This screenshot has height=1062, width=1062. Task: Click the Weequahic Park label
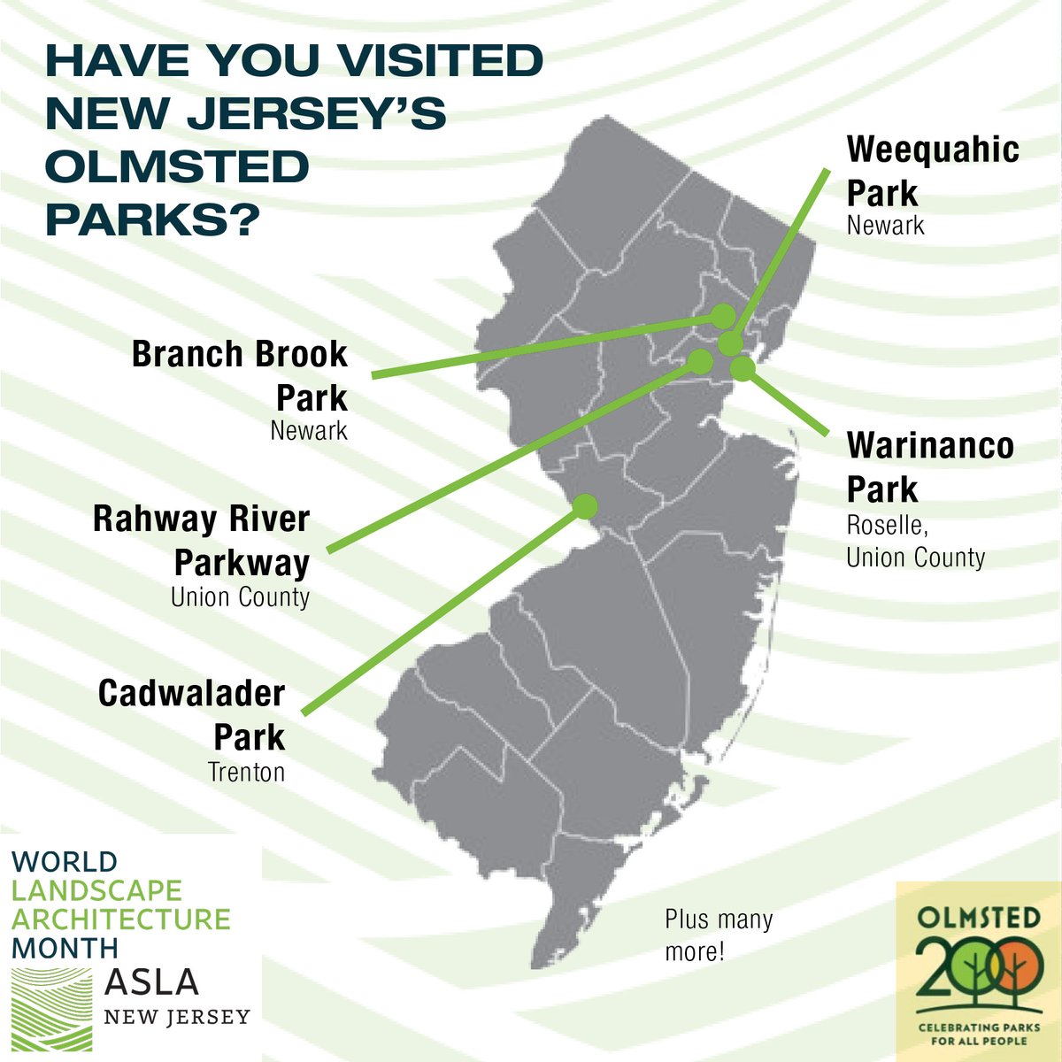click(x=933, y=171)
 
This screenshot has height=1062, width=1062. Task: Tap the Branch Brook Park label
click(x=240, y=376)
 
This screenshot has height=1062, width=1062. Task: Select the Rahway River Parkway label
click(x=202, y=541)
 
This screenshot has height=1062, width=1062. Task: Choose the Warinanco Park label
click(x=930, y=467)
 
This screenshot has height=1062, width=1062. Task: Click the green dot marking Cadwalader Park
click(x=585, y=505)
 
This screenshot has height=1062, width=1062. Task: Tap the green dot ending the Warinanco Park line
click(x=743, y=367)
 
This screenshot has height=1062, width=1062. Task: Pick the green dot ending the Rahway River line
click(x=700, y=361)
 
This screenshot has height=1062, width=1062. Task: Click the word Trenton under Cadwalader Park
click(x=246, y=773)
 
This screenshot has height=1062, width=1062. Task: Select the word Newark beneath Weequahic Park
click(x=885, y=225)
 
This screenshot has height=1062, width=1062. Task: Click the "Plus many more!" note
click(x=719, y=935)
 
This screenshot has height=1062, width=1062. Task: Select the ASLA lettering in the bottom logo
click(x=151, y=981)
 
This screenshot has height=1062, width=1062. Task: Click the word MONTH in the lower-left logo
click(x=65, y=948)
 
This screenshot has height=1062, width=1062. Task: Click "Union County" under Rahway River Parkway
click(x=240, y=596)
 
